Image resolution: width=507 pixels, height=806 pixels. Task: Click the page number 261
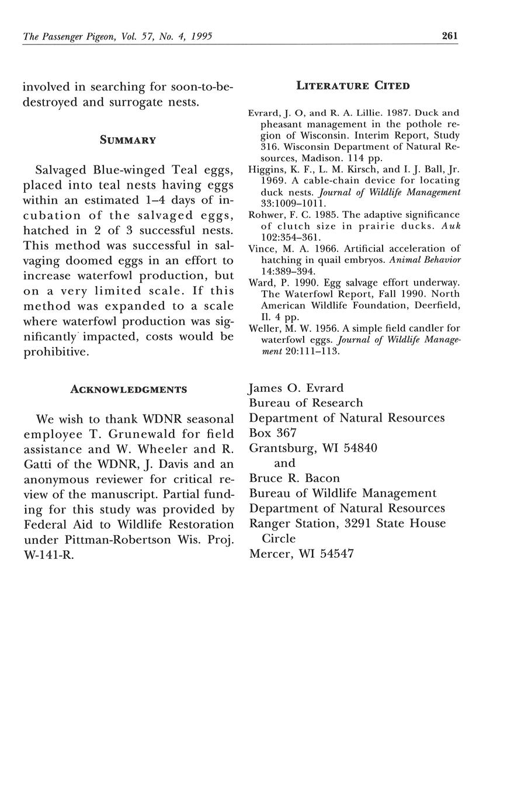pyautogui.click(x=449, y=36)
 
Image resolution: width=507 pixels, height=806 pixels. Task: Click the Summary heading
pyautogui.click(x=128, y=140)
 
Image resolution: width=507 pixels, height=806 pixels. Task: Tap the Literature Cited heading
pyautogui.click(x=353, y=86)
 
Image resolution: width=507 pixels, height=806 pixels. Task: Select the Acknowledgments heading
pyautogui.click(x=129, y=390)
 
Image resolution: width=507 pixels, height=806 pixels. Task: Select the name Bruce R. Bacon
pyautogui.click(x=290, y=478)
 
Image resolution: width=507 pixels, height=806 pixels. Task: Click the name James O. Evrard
pyautogui.click(x=296, y=388)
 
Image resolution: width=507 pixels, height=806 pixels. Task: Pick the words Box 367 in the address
pyautogui.click(x=273, y=433)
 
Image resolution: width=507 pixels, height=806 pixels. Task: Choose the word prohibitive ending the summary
pyautogui.click(x=55, y=352)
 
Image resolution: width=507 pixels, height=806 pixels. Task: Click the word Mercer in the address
pyautogui.click(x=270, y=554)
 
